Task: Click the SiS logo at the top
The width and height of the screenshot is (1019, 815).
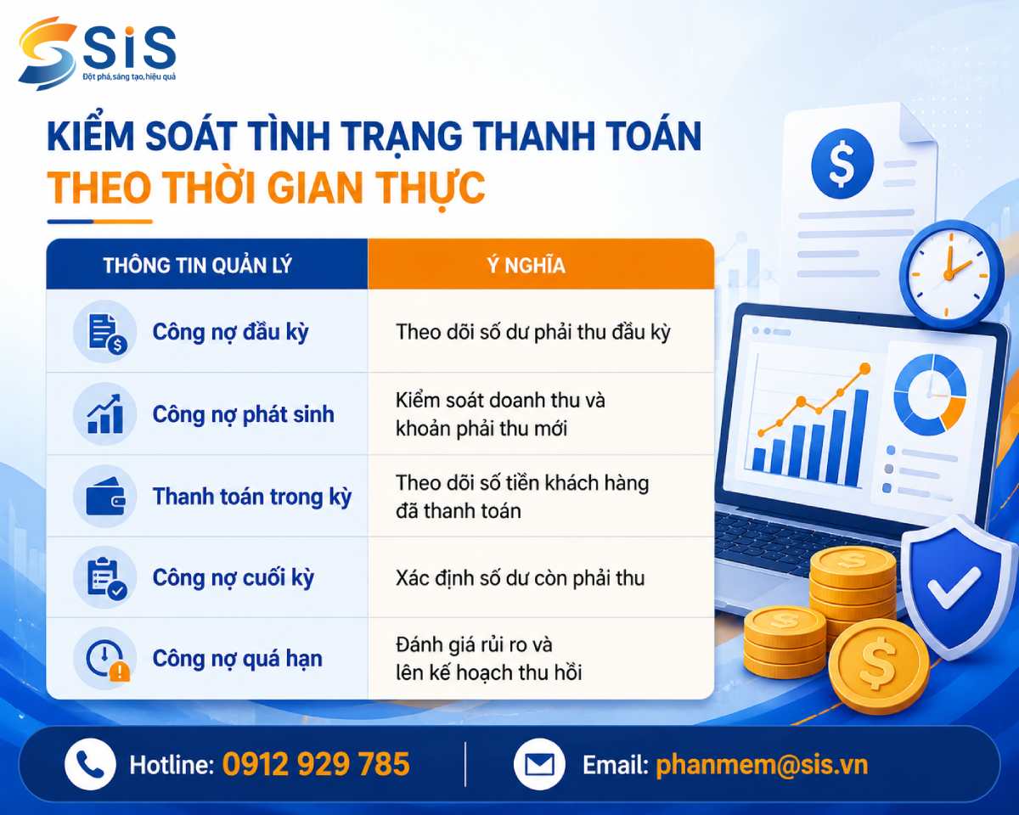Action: (x=97, y=53)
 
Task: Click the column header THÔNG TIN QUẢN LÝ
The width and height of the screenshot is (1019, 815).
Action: (x=198, y=265)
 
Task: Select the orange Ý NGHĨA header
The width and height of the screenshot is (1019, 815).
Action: (x=526, y=265)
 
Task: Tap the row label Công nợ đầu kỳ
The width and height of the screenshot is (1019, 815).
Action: (x=231, y=332)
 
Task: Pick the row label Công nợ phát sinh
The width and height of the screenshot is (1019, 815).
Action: (x=244, y=415)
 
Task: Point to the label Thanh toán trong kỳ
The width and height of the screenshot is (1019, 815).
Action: (x=252, y=497)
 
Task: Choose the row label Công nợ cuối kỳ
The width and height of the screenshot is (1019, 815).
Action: (x=234, y=578)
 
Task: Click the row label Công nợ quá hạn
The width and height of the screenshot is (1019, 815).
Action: (x=237, y=659)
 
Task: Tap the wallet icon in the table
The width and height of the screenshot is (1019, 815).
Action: (x=105, y=497)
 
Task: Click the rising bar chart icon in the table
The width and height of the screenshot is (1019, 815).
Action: (x=105, y=414)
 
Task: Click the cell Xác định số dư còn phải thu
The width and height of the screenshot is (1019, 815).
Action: (x=520, y=578)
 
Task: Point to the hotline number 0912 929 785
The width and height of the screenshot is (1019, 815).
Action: (x=316, y=764)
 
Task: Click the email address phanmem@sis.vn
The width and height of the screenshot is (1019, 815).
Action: (x=762, y=765)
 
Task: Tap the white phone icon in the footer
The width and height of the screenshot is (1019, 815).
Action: (x=90, y=764)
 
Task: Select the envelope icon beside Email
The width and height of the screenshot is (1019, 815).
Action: (x=539, y=764)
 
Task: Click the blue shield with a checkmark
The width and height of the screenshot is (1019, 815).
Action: (x=953, y=588)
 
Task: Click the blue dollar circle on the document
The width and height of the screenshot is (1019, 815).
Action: (x=842, y=164)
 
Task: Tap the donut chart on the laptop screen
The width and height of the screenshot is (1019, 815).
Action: (x=930, y=395)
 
